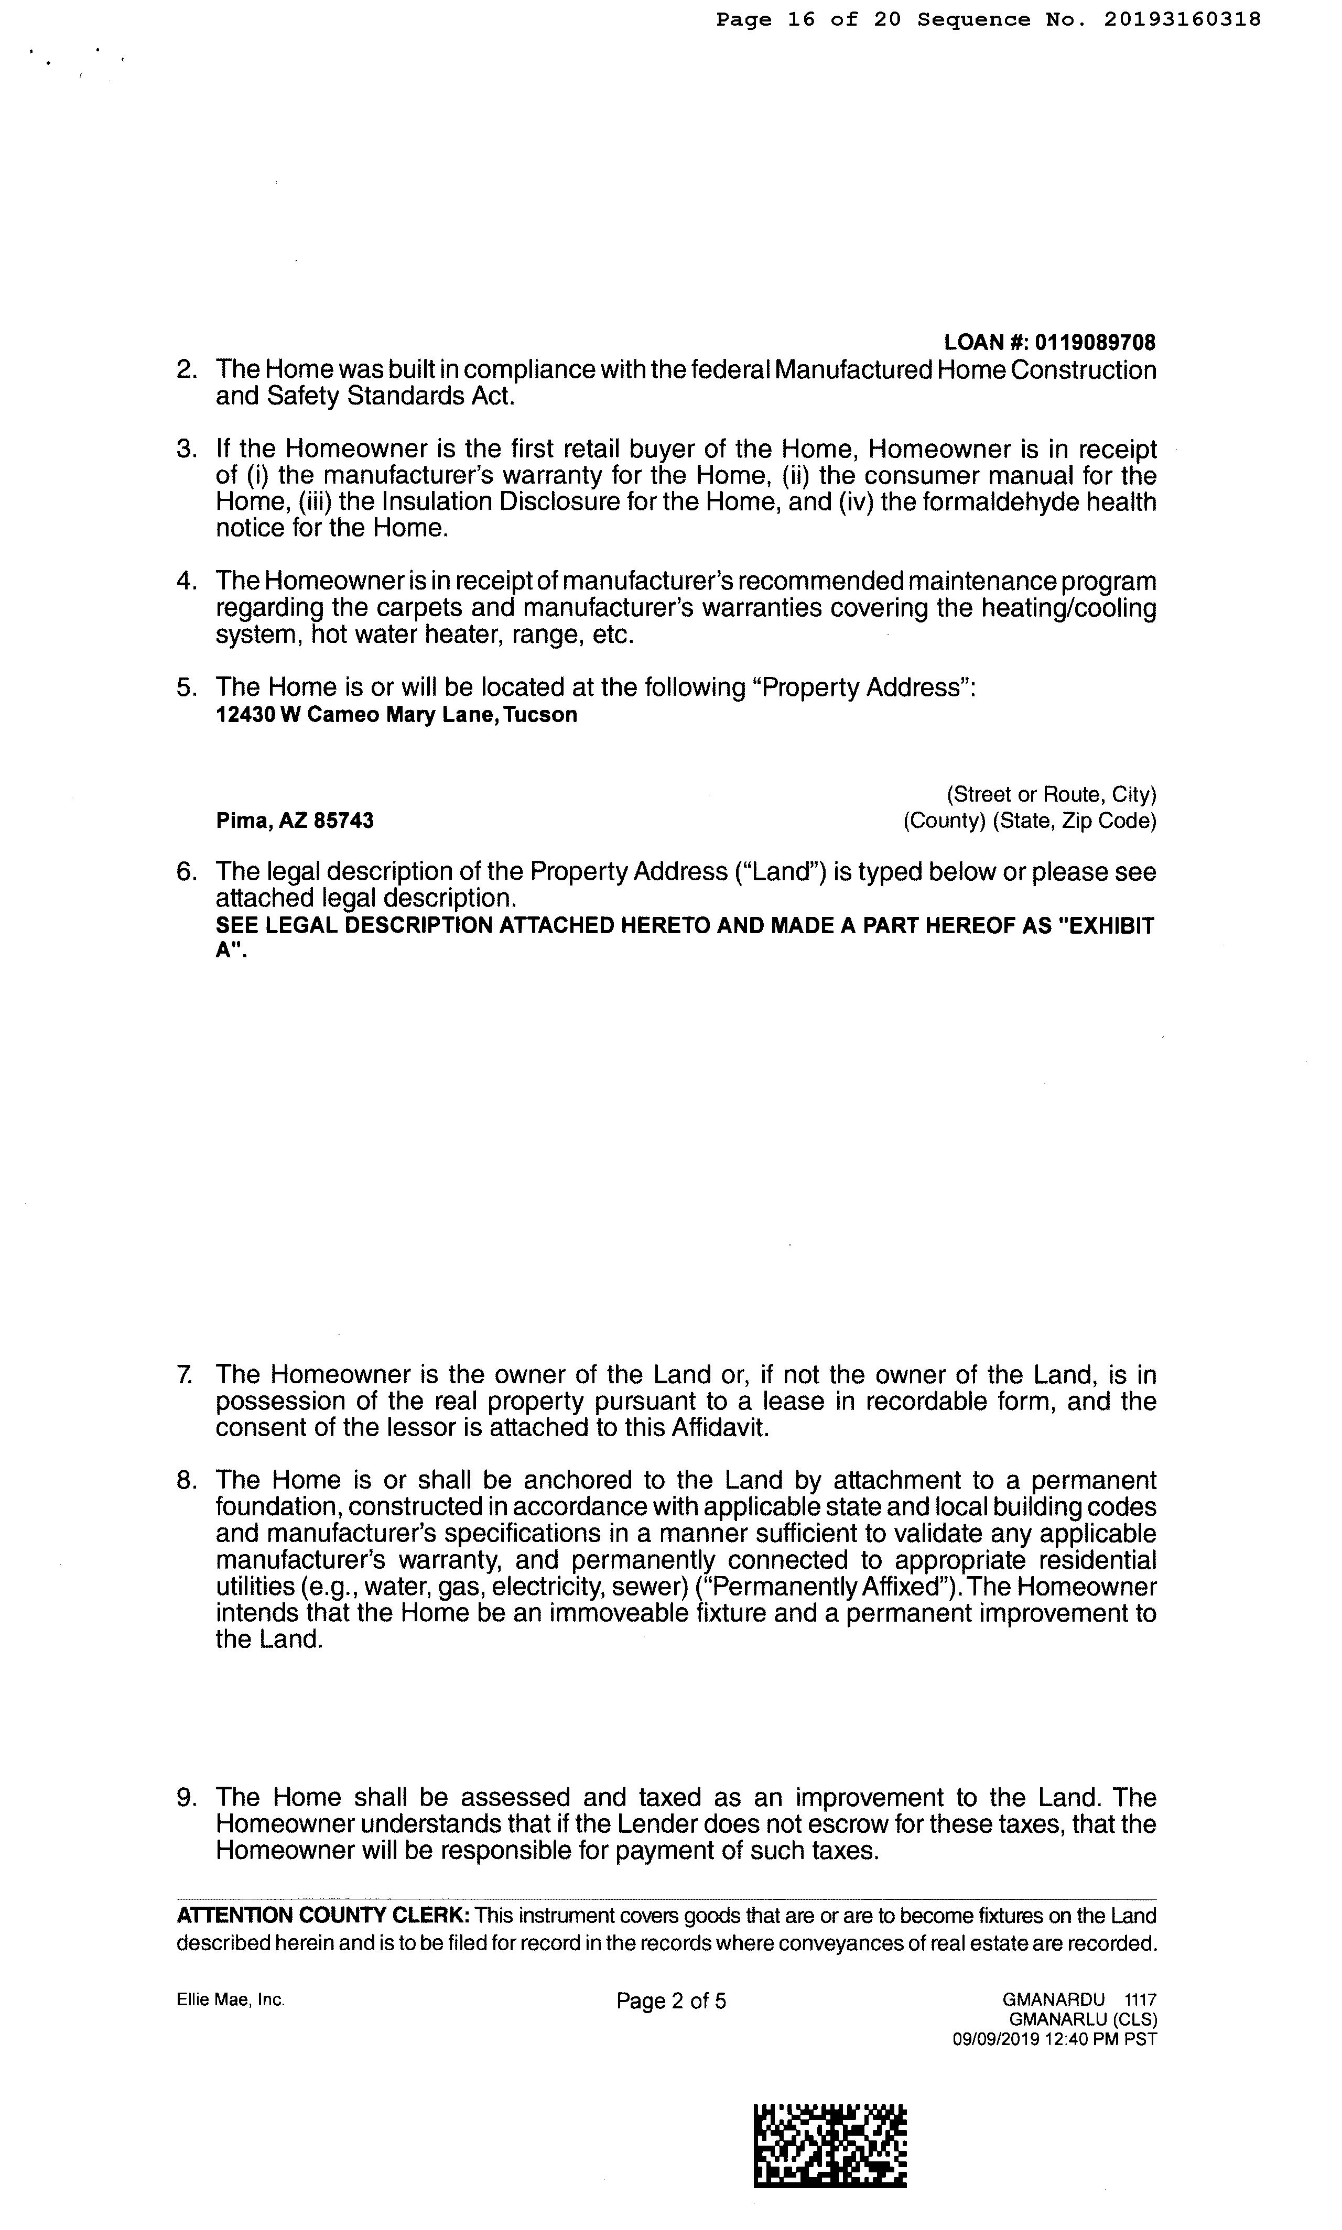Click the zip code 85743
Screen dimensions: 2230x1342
point(344,821)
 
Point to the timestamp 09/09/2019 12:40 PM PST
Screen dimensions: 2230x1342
point(1054,2039)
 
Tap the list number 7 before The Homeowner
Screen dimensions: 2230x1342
point(185,1375)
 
